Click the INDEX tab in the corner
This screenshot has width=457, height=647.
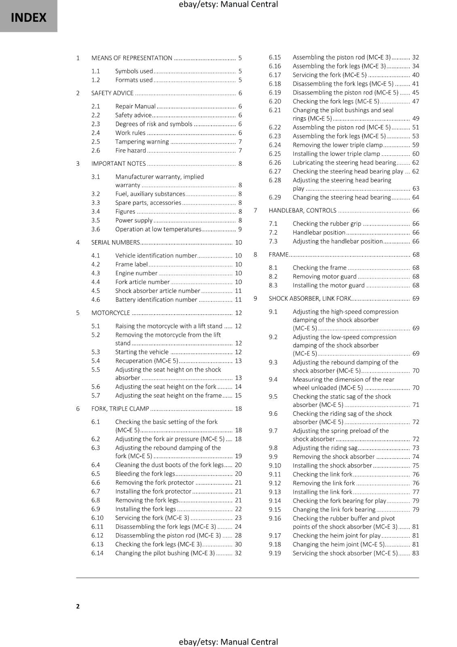pos(28,17)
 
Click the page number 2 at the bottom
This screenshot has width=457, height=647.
pos(78,606)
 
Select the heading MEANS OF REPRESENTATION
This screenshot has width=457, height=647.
pos(131,58)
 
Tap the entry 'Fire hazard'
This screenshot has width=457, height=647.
pos(130,150)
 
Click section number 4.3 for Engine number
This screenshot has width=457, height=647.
pos(95,273)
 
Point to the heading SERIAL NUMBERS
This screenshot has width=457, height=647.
pos(115,242)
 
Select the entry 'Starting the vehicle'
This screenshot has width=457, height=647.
pos(142,352)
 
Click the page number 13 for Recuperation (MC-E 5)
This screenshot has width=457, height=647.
pos(238,361)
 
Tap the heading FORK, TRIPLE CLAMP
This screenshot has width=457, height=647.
pos(120,409)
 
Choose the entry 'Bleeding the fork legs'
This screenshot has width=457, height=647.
pos(145,474)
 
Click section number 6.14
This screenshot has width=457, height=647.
pos(97,553)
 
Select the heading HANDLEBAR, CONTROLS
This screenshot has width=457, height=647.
pos(302,211)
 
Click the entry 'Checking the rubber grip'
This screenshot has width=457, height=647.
pos(327,224)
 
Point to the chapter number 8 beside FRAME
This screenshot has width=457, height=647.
pos(255,255)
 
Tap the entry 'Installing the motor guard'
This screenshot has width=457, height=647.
pos(328,285)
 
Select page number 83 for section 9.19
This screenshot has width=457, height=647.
pos(415,553)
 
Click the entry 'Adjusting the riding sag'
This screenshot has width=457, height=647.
pos(325,448)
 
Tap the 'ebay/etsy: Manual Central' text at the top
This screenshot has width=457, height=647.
pos(228,4)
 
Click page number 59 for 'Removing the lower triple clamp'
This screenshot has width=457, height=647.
pos(415,145)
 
